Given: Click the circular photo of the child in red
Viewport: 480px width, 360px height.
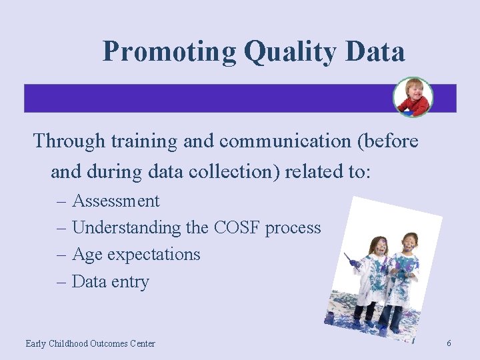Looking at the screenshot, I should click(x=412, y=97).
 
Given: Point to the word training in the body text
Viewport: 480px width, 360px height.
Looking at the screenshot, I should click(x=142, y=141).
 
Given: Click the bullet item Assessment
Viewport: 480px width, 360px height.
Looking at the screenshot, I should click(x=115, y=201).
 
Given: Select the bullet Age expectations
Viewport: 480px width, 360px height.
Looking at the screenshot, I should click(x=135, y=255).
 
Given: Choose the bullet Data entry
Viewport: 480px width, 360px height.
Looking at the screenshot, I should click(x=110, y=281).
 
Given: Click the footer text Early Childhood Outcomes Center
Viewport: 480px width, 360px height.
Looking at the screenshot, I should click(x=90, y=343).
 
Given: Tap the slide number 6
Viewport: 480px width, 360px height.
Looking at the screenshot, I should click(x=449, y=343).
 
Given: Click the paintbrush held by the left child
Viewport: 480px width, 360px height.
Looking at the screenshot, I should click(x=351, y=260).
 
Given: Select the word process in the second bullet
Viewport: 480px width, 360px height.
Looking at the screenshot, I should click(x=293, y=228).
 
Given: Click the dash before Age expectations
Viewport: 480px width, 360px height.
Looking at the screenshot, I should click(x=62, y=255).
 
